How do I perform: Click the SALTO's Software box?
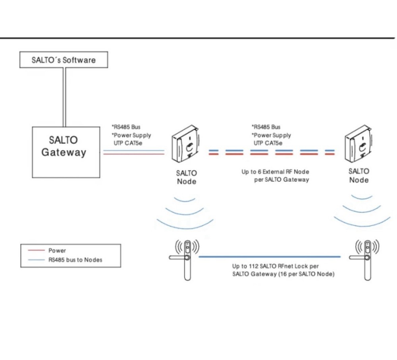click(x=64, y=60)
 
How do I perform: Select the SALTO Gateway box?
click(x=66, y=152)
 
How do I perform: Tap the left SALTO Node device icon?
click(x=186, y=145)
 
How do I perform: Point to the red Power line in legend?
click(x=35, y=251)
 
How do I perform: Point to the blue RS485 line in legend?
click(x=35, y=260)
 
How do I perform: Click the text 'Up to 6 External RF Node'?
click(x=275, y=172)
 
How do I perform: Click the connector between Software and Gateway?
click(x=64, y=97)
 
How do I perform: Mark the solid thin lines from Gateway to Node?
click(x=133, y=152)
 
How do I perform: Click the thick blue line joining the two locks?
click(x=270, y=257)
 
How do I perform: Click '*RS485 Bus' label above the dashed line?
click(x=266, y=127)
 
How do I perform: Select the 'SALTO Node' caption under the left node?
click(x=186, y=177)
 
